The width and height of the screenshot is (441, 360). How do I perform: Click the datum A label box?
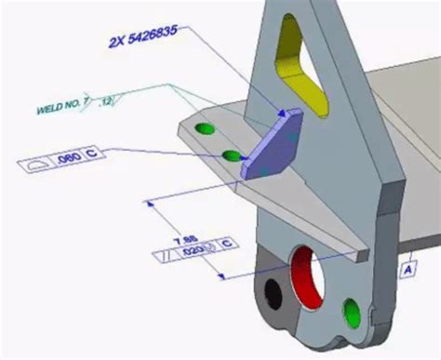click(x=408, y=270)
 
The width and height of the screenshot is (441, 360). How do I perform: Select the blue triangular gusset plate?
click(x=273, y=143)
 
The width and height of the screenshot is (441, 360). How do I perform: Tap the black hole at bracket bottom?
click(x=272, y=294)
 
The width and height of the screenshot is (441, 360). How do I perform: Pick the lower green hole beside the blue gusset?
click(x=230, y=153)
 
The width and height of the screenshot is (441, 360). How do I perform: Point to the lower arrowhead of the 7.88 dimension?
click(x=221, y=276)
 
